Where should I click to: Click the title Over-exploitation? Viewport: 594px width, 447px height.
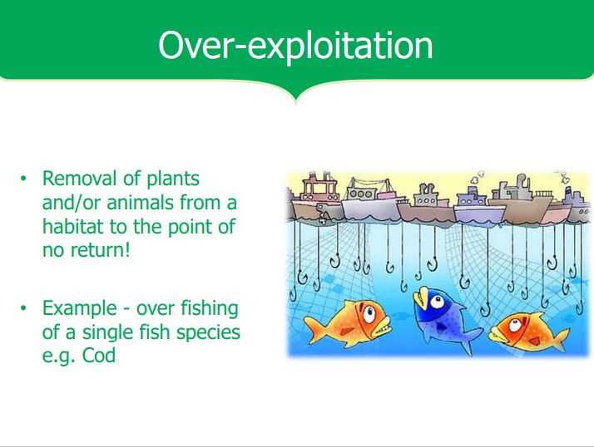click(x=295, y=47)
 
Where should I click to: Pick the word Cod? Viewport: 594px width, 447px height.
click(x=99, y=356)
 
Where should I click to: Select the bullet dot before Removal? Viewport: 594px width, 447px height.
click(x=24, y=179)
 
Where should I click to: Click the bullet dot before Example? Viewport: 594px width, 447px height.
click(x=24, y=308)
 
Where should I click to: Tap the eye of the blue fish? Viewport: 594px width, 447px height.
click(x=437, y=302)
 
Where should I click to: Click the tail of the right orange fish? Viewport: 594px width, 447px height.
click(x=561, y=338)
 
